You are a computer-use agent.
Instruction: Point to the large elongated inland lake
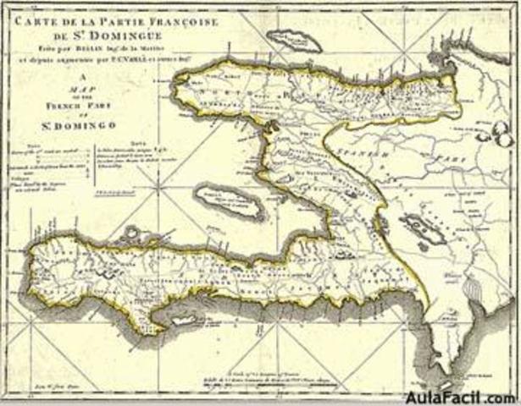[x=417, y=228]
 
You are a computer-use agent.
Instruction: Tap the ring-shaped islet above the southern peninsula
[x=131, y=230]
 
